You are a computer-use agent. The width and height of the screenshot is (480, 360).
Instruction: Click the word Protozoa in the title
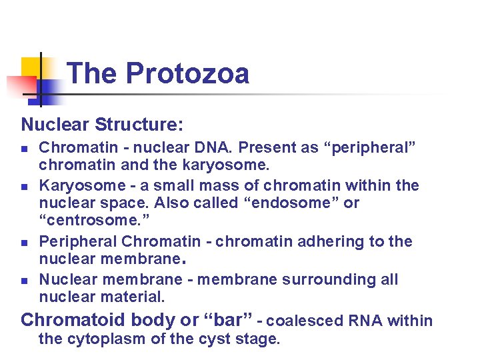pyautogui.click(x=187, y=73)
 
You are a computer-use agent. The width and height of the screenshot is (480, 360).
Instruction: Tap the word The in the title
pyautogui.click(x=93, y=73)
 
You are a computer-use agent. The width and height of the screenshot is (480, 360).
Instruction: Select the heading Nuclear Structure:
pyautogui.click(x=102, y=125)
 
